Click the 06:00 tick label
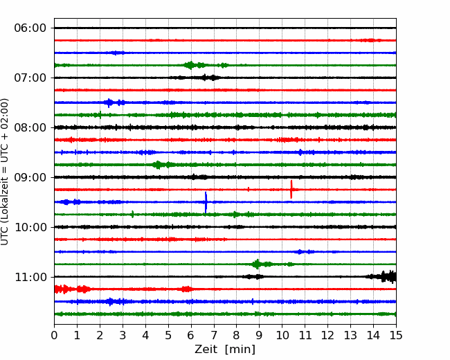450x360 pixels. pyautogui.click(x=30, y=28)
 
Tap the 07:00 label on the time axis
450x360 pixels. pyautogui.click(x=30, y=78)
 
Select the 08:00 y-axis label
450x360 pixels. pyautogui.click(x=30, y=127)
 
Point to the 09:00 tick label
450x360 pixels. pyautogui.click(x=30, y=177)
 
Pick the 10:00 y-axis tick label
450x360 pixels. pyautogui.click(x=30, y=227)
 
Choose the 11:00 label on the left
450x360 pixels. pyautogui.click(x=30, y=277)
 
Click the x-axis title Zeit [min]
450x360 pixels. pyautogui.click(x=225, y=350)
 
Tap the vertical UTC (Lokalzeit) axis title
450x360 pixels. pyautogui.click(x=4, y=172)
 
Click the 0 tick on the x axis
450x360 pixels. pyautogui.click(x=54, y=335)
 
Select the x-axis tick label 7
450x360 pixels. pyautogui.click(x=214, y=335)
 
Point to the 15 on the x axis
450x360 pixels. pyautogui.click(x=396, y=335)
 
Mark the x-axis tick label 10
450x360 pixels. pyautogui.click(x=282, y=335)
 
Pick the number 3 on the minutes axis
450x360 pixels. pyautogui.click(x=123, y=335)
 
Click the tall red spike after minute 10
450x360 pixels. pyautogui.click(x=291, y=189)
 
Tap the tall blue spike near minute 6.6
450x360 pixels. pyautogui.click(x=206, y=202)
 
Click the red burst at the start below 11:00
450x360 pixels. pyautogui.click(x=72, y=289)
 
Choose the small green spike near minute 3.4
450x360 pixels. pyautogui.click(x=133, y=214)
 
